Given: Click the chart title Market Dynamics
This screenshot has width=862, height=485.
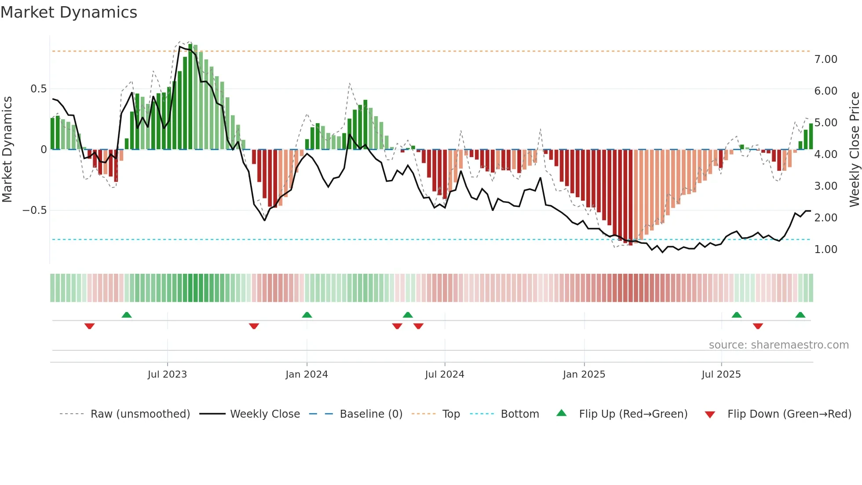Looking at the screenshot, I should pyautogui.click(x=69, y=12).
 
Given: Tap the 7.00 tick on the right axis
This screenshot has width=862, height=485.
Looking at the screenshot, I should pyautogui.click(x=825, y=59).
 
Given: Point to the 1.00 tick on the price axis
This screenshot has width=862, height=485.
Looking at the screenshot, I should pyautogui.click(x=825, y=250).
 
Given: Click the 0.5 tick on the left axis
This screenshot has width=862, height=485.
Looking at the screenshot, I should pyautogui.click(x=38, y=89).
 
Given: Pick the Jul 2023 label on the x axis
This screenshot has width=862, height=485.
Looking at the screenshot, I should pyautogui.click(x=167, y=375).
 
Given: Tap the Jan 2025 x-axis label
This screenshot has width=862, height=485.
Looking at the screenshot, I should pyautogui.click(x=584, y=375).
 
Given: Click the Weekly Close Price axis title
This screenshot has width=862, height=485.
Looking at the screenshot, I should pyautogui.click(x=854, y=149).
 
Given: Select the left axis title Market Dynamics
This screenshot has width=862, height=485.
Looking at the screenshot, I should pyautogui.click(x=7, y=149).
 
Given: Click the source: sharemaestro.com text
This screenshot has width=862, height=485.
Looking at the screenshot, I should pyautogui.click(x=778, y=345).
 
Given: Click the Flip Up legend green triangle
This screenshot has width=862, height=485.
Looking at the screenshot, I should pyautogui.click(x=562, y=413).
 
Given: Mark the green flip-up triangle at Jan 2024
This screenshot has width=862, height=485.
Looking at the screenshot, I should pyautogui.click(x=307, y=315).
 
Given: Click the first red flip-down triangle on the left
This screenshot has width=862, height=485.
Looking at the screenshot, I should pyautogui.click(x=90, y=326).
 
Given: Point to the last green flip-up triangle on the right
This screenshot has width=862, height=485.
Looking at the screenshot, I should pyautogui.click(x=800, y=315).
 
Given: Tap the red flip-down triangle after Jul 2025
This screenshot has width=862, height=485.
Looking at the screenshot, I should pyautogui.click(x=758, y=326).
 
